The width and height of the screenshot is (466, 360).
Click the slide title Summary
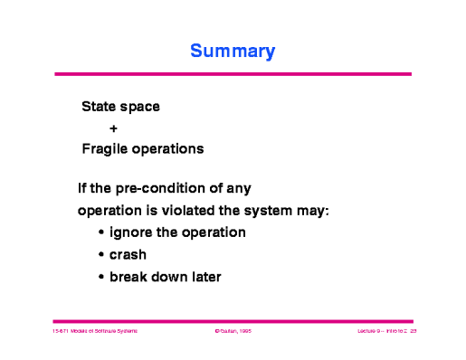[x=233, y=52]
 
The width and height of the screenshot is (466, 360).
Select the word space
[x=140, y=107]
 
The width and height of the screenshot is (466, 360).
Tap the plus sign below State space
[x=113, y=128]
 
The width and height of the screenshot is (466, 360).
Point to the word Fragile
[x=105, y=148]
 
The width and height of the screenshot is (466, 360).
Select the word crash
[x=128, y=254]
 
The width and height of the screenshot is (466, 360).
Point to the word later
[x=203, y=276]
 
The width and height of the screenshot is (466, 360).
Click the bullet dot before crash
[x=101, y=255]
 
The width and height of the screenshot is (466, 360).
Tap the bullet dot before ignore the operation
[x=101, y=233]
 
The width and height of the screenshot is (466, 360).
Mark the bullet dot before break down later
[x=101, y=277]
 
